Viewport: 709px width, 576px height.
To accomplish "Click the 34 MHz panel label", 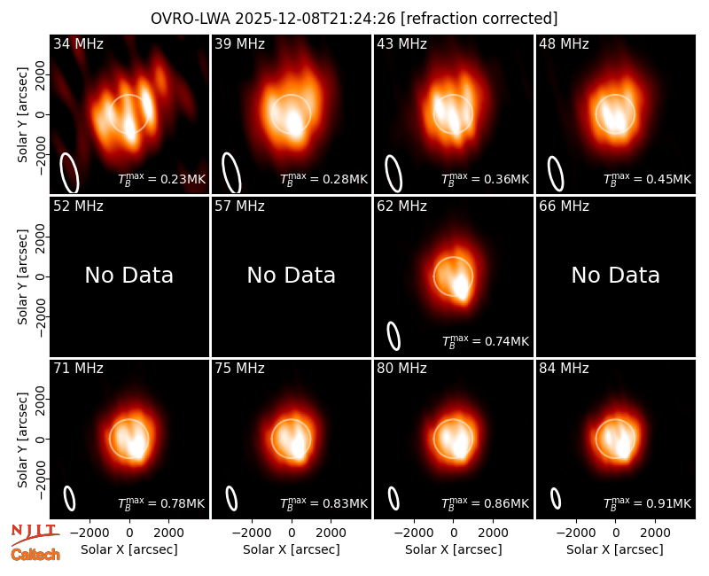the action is [x=78, y=43].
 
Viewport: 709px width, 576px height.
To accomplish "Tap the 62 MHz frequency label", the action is [x=402, y=206].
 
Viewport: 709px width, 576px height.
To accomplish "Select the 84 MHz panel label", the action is [x=564, y=369].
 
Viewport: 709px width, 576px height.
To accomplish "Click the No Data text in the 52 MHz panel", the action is [x=129, y=276].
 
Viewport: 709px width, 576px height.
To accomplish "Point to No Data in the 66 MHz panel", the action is [x=616, y=276].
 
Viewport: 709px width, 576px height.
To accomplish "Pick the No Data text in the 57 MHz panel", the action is [x=292, y=276].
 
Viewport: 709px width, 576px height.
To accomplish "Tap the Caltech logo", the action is [x=35, y=555].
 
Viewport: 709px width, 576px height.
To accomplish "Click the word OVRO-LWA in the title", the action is [x=191, y=19].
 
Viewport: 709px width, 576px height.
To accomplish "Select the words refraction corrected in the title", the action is [x=479, y=19].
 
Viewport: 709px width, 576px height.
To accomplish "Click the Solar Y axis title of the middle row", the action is [x=22, y=276].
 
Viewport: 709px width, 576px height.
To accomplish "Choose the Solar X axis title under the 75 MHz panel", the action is [x=292, y=549].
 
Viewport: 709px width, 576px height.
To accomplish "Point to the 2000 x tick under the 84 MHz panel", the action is [x=655, y=533].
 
